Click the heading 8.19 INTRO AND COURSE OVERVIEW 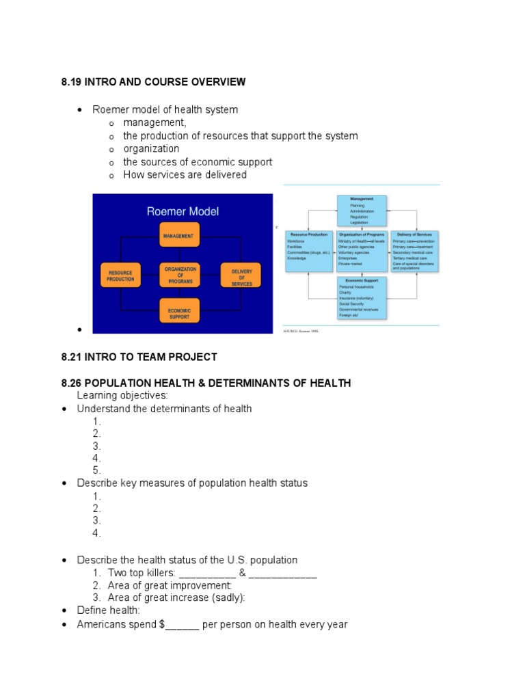pos(153,82)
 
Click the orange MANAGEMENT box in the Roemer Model pos(180,236)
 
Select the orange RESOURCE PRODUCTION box pos(120,275)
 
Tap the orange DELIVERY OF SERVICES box pos(241,275)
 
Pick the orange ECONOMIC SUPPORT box pos(180,314)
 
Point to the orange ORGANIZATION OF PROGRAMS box pos(180,275)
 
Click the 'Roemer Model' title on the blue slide pos(183,211)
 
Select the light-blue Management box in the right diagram pos(362,211)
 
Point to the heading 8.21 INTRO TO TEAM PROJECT pos(139,357)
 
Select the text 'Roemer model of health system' pos(165,109)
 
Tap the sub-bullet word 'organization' pos(151,148)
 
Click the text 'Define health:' pos(109,610)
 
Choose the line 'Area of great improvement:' pos(170,585)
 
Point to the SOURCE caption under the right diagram pos(301,332)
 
